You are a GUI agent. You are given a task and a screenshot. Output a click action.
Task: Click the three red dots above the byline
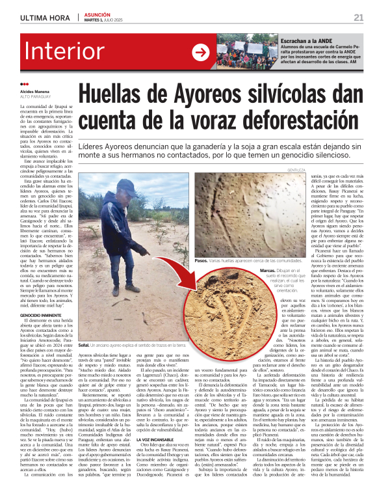(x=25, y=84)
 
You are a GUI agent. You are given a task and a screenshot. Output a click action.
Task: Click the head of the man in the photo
(x=122, y=188)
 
